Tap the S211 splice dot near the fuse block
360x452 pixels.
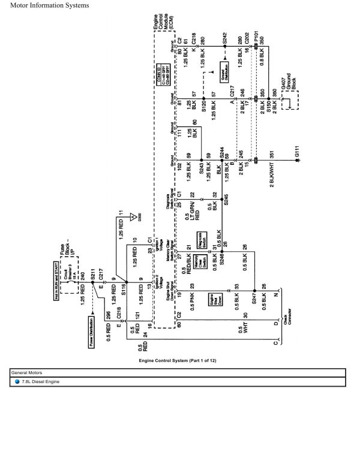pos(92,281)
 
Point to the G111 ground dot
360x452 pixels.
pos(295,161)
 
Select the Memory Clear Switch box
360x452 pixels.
pos(203,261)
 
